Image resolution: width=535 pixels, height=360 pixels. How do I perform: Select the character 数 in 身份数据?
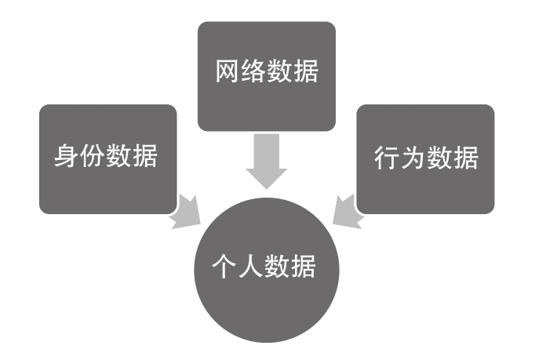coord(120,157)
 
